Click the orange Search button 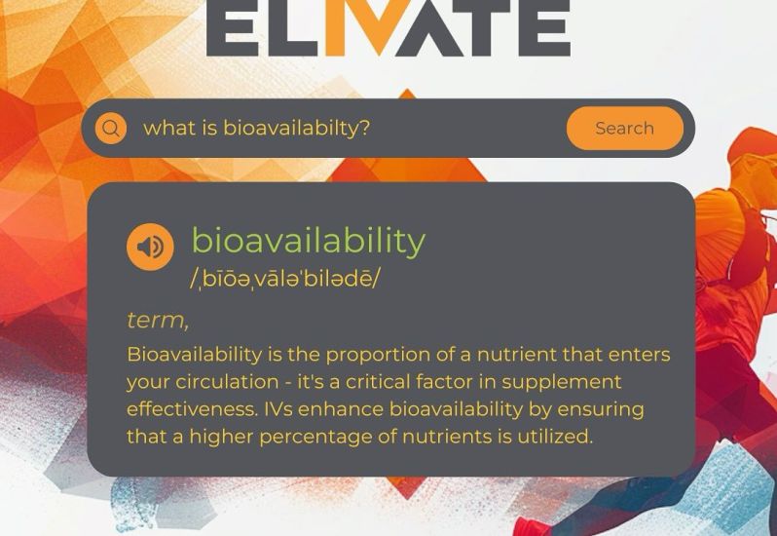[625, 128]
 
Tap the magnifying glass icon [111, 128]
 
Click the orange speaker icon [150, 247]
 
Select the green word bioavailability [309, 242]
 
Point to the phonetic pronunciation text [285, 279]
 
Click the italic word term [158, 321]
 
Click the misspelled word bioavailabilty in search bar [296, 128]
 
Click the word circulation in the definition [227, 382]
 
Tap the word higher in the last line [221, 438]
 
